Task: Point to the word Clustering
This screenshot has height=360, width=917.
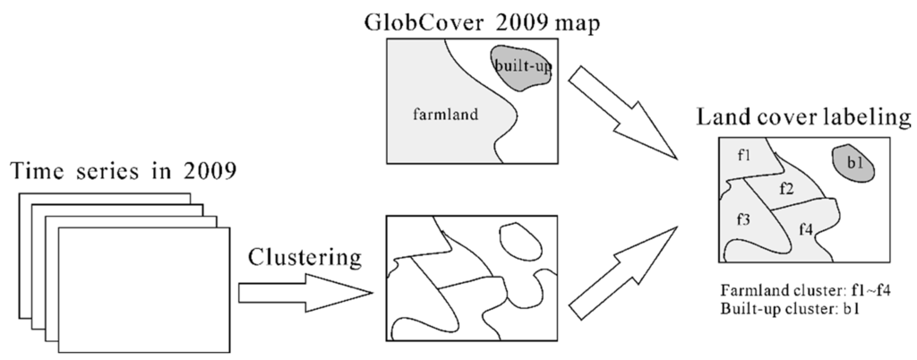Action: coord(304,260)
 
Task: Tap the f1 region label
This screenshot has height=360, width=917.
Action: coord(744,157)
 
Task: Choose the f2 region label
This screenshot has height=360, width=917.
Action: coord(787,189)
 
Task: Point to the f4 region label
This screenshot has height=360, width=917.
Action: coord(805,229)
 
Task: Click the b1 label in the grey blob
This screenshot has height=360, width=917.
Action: coord(853,163)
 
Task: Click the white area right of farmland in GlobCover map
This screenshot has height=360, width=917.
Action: coord(537,134)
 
